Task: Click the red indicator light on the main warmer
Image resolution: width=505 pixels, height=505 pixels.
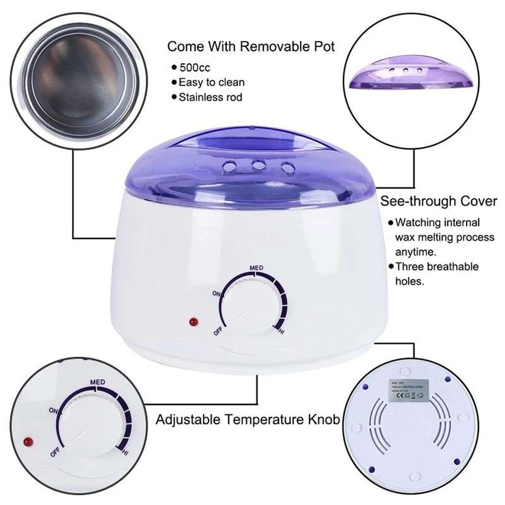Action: click(194, 322)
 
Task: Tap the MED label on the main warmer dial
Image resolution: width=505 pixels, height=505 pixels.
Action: click(257, 268)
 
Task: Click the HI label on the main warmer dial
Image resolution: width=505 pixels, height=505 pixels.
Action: click(282, 332)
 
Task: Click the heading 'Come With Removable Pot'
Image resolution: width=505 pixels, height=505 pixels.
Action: click(251, 46)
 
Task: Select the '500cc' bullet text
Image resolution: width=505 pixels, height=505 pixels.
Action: click(195, 67)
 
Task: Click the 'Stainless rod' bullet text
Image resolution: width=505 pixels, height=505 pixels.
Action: click(210, 98)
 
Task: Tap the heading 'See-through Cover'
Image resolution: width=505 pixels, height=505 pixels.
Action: click(439, 201)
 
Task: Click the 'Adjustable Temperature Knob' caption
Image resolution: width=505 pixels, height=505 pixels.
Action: click(248, 420)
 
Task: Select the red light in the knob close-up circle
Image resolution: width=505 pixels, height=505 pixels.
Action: click(28, 441)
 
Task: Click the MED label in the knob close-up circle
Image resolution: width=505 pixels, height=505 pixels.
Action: click(98, 382)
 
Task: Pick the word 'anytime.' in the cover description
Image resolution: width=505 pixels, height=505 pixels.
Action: click(415, 252)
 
